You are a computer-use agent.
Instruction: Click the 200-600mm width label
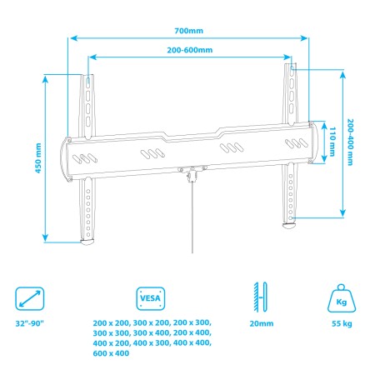(190, 51)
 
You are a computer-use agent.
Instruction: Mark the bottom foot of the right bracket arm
(291, 223)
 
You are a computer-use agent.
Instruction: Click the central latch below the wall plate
(191, 172)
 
